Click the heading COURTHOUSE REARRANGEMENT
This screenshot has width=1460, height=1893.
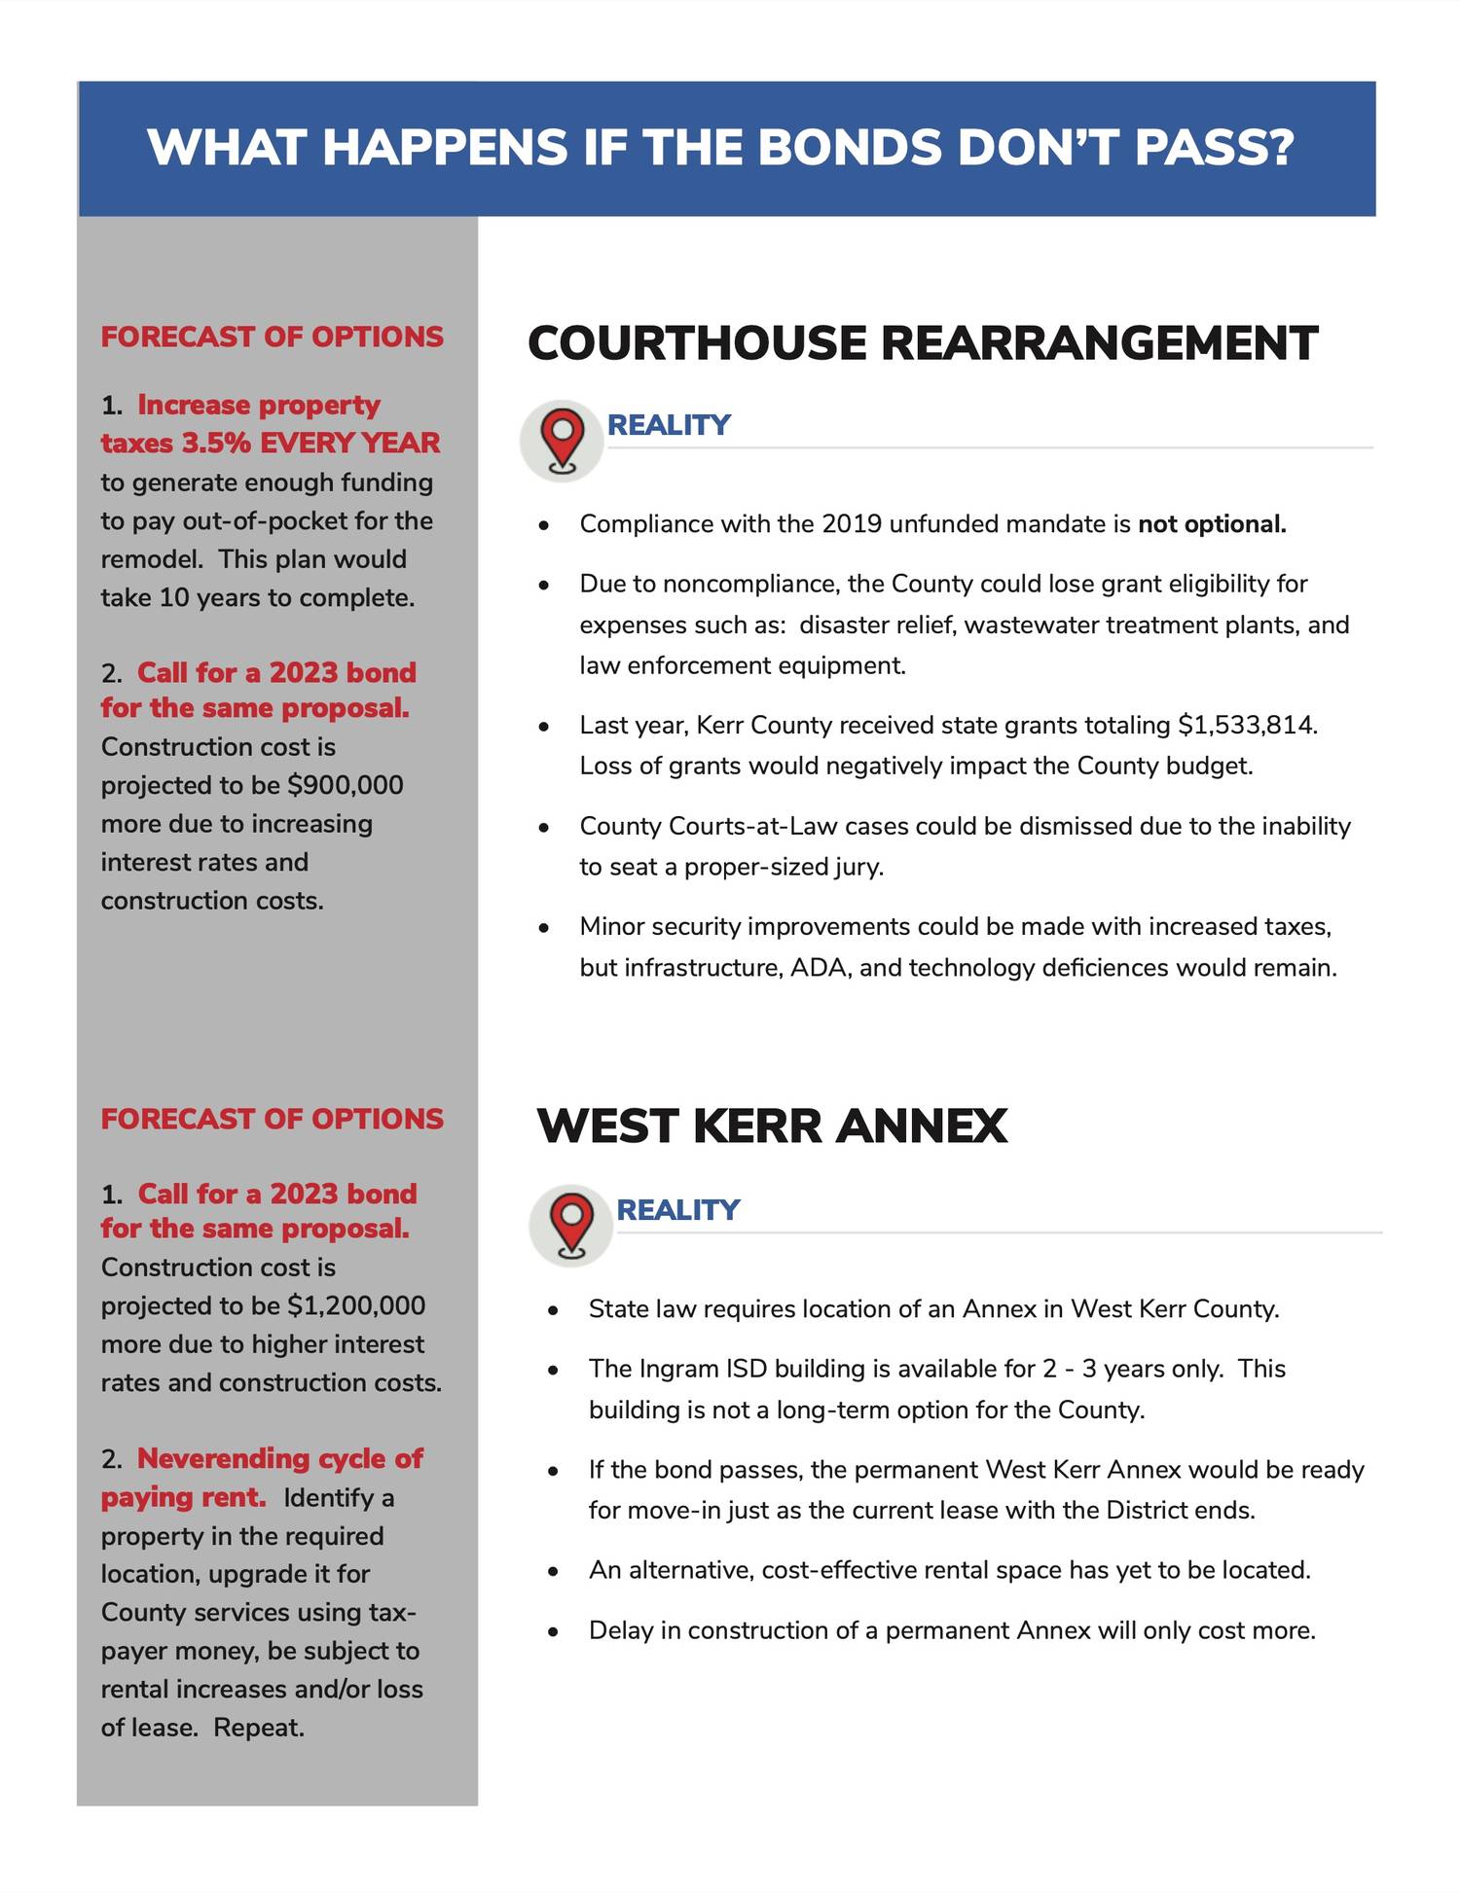click(x=922, y=343)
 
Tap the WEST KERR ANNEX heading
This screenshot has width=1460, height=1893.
click(x=771, y=1125)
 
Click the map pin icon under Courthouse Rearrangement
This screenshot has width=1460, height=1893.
click(x=563, y=441)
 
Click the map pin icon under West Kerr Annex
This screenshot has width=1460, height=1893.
click(x=571, y=1225)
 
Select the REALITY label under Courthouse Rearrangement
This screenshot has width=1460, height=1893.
click(x=668, y=425)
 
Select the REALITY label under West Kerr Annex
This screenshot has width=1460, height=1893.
click(x=677, y=1209)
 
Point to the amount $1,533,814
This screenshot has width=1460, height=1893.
click(x=1247, y=726)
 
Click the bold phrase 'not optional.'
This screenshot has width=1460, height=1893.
click(x=1212, y=524)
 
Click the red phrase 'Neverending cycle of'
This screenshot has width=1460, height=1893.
click(x=280, y=1458)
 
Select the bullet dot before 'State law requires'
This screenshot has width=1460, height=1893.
click(x=553, y=1310)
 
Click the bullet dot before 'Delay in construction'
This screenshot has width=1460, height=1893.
click(x=553, y=1631)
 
